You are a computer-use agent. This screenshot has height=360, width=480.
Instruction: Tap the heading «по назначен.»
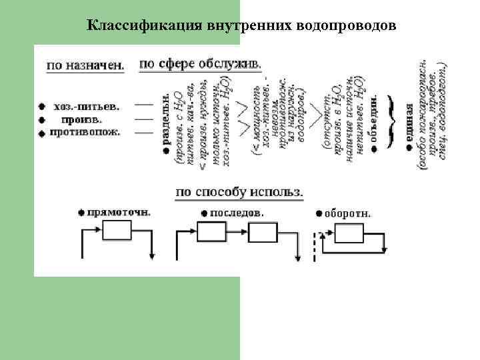(x=85, y=66)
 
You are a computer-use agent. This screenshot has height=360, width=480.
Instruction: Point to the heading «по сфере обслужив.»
(x=200, y=63)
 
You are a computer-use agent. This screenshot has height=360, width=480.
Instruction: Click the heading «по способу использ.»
(x=239, y=192)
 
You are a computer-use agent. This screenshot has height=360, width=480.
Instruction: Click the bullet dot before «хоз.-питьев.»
(x=41, y=107)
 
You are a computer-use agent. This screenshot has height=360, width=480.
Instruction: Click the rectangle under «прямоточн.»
(x=118, y=231)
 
